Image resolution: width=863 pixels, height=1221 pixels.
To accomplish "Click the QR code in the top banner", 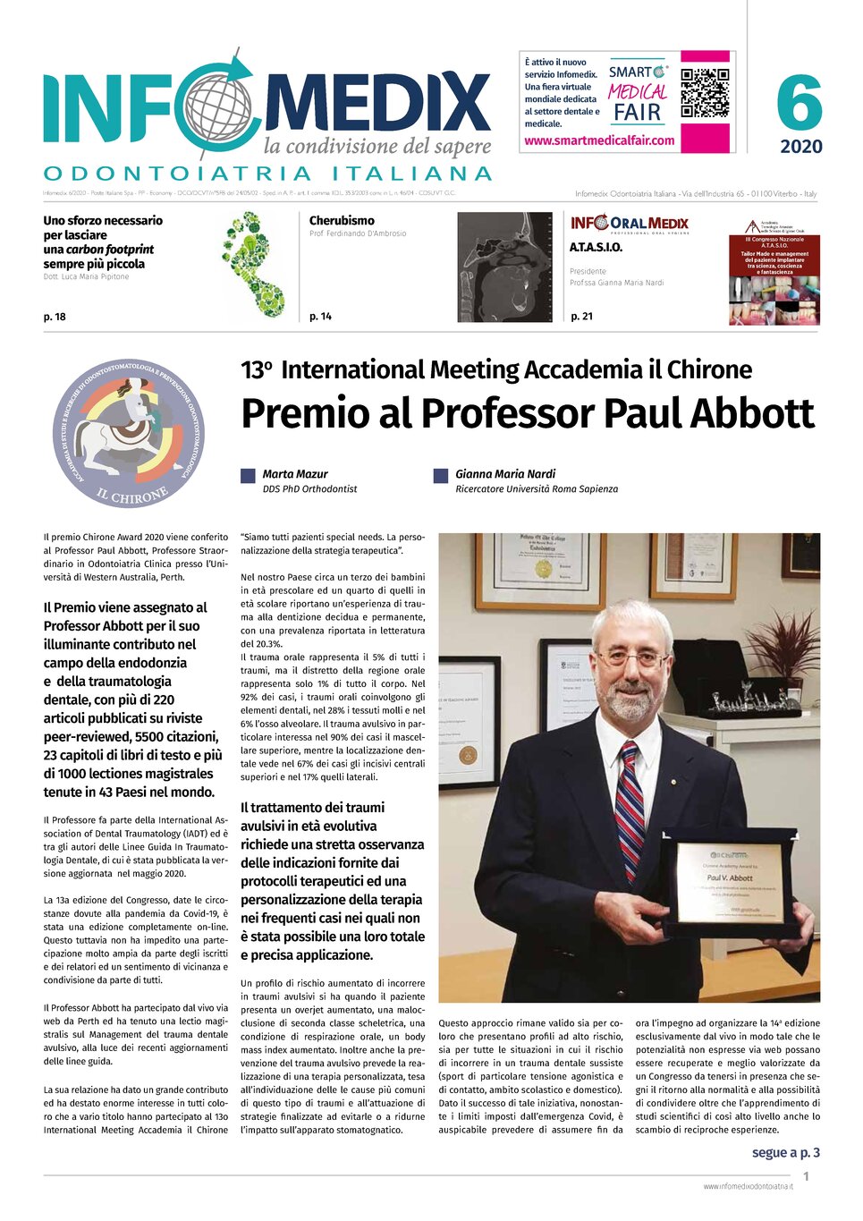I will tap(705, 93).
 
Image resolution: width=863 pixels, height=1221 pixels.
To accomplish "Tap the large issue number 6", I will tap(799, 103).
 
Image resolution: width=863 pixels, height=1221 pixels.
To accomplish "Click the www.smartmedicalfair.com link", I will tap(599, 140).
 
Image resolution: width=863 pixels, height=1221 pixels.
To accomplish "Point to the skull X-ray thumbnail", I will tap(504, 267).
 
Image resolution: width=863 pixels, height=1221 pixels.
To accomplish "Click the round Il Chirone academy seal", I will tap(130, 434).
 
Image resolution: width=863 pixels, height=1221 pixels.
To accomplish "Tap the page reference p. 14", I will tap(320, 317).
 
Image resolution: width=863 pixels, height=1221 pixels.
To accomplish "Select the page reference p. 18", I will tap(55, 317).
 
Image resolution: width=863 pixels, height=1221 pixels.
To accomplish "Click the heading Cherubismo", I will tap(342, 220).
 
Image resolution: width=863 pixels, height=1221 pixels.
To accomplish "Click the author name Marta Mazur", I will tap(294, 474).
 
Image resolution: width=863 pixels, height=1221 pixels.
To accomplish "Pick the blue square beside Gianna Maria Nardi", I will tap(440, 476).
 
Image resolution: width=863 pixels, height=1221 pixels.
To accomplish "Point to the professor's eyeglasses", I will tap(633, 660).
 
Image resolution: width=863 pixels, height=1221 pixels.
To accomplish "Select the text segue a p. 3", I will tap(785, 1152).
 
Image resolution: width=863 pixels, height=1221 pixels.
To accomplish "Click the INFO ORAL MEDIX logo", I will tap(629, 224).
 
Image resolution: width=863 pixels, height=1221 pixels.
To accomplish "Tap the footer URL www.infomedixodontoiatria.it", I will tap(748, 1186).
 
